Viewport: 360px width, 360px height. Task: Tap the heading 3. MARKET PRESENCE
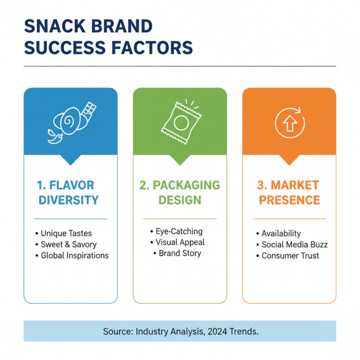pos(289,192)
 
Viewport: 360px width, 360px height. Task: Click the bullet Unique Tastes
pos(66,234)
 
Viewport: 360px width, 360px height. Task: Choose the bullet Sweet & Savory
pos(68,245)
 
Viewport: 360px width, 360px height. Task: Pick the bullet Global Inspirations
pos(75,256)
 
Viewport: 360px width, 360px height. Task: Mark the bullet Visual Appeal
pos(180,242)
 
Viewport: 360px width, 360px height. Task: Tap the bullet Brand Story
pos(180,253)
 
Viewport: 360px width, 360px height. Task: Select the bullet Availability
pos(281,234)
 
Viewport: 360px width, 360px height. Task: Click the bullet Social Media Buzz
pos(295,245)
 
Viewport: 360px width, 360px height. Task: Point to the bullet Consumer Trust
pos(290,256)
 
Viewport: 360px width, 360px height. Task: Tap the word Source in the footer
pos(116,332)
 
